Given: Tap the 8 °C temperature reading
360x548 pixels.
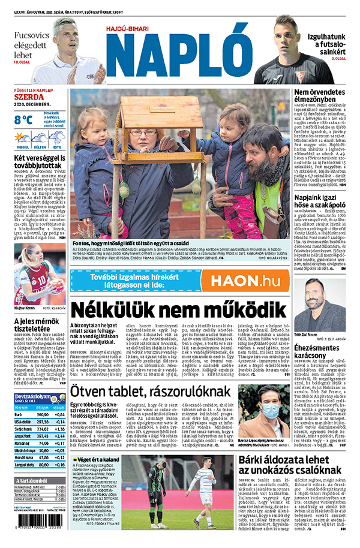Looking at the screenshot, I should pyautogui.click(x=23, y=119).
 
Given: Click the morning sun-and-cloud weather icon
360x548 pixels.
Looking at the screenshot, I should pyautogui.click(x=22, y=137).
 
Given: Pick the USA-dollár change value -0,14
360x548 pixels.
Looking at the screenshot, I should pyautogui.click(x=59, y=422).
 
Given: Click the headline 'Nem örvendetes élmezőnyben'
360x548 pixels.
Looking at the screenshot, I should pyautogui.click(x=319, y=96).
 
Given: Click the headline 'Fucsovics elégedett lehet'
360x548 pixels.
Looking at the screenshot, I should pyautogui.click(x=30, y=44).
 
